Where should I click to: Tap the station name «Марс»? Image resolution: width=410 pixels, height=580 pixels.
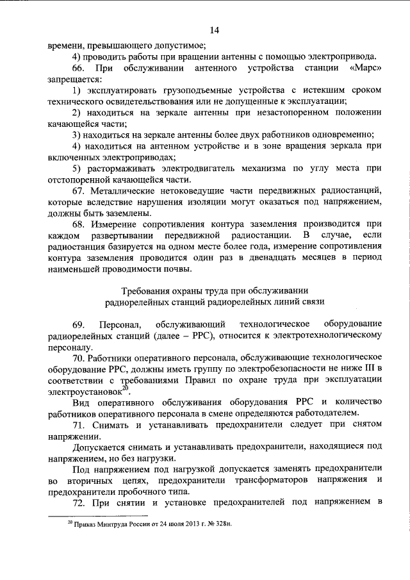pyautogui.click(x=366, y=68)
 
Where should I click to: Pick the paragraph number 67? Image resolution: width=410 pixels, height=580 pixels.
pyautogui.click(x=78, y=192)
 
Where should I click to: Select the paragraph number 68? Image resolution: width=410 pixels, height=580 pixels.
pyautogui.click(x=78, y=226)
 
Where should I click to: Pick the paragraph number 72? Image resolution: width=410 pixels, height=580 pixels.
pyautogui.click(x=78, y=504)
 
